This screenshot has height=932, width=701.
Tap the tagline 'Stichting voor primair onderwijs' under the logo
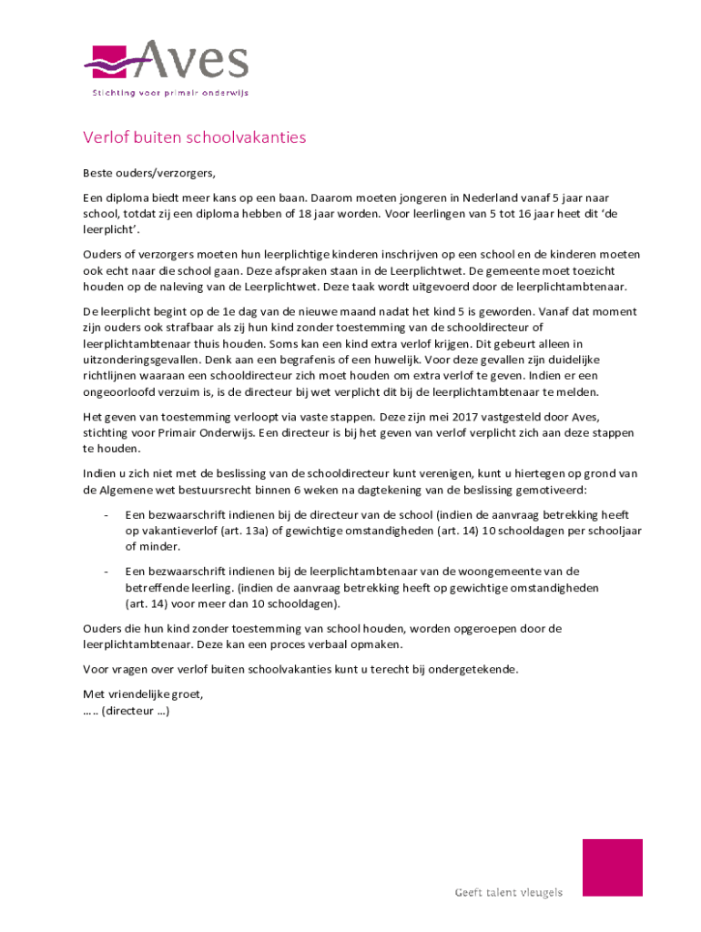170,92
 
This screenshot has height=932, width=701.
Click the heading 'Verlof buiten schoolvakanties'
195,138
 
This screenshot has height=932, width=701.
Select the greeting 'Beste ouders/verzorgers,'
149,172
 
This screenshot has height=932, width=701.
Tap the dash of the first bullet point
107,514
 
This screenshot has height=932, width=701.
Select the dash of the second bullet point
107,572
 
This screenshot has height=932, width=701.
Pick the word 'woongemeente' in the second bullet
496,572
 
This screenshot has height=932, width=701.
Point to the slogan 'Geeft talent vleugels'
509,892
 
